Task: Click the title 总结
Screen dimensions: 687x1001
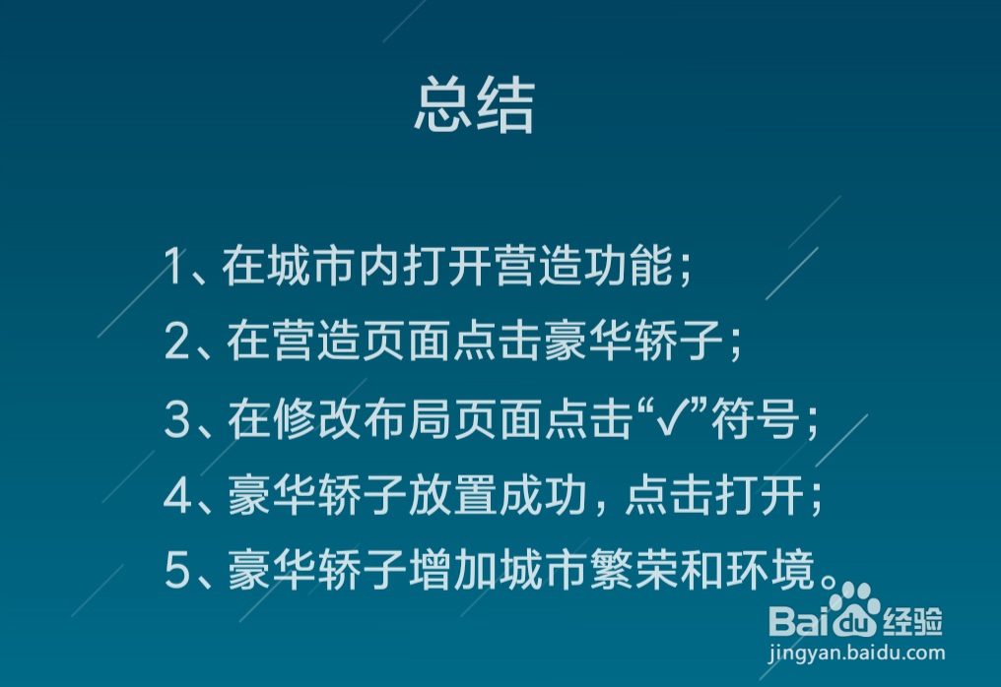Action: pos(474,105)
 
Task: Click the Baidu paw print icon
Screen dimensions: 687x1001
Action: pos(853,602)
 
